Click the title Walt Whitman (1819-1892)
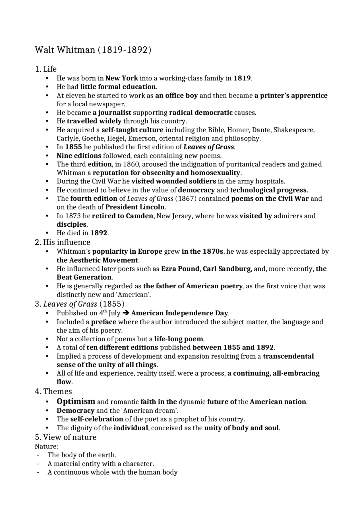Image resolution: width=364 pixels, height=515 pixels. point(93,50)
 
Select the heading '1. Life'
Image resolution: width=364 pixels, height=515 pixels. point(45,69)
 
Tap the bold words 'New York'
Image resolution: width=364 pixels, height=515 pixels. point(122,78)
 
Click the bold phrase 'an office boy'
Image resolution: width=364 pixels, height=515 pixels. point(176,96)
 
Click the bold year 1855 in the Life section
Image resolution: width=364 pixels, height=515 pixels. point(73,147)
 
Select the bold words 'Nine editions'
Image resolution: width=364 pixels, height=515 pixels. point(79,156)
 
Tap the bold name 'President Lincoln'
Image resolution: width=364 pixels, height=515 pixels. point(135,207)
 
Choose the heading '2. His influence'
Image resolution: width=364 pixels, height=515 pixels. point(63,242)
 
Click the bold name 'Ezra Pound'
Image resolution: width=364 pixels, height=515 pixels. point(180,269)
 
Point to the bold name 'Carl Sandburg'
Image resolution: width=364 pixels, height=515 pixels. point(227,269)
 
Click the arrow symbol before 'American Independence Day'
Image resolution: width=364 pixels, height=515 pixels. point(126,313)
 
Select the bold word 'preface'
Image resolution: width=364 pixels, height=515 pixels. point(104,322)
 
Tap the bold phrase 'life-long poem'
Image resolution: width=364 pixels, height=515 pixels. point(179,339)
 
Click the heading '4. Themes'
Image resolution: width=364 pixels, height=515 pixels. point(53,392)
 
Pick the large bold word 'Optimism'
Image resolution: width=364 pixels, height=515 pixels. point(76,402)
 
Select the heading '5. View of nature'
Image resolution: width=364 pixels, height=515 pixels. point(65,437)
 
